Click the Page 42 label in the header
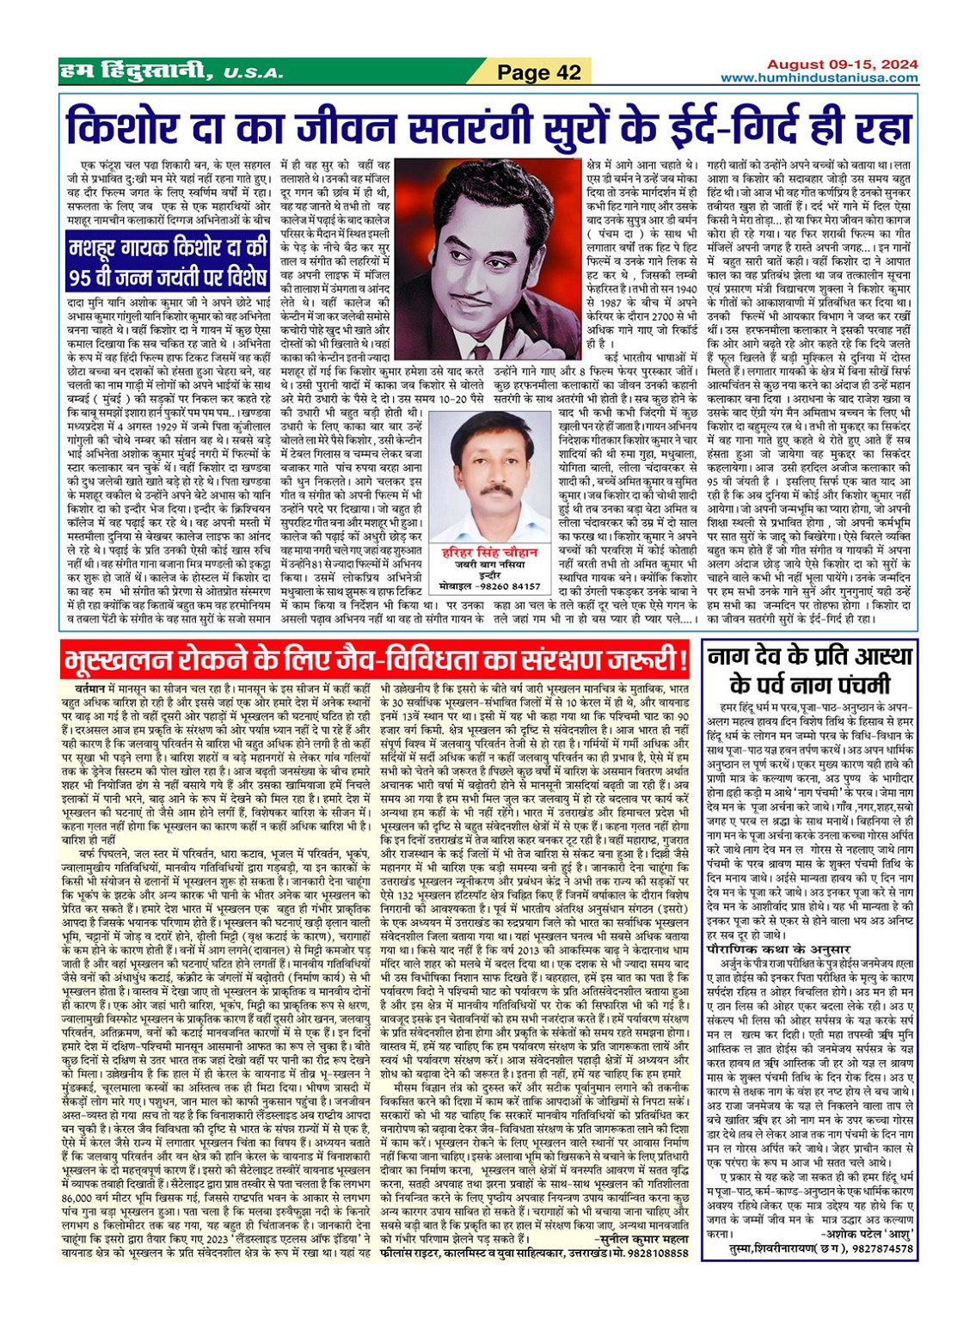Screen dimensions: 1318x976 [539, 73]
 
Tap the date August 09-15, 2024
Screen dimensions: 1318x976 [842, 64]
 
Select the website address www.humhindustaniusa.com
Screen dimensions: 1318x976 [819, 78]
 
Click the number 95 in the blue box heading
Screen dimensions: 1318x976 [89, 279]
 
